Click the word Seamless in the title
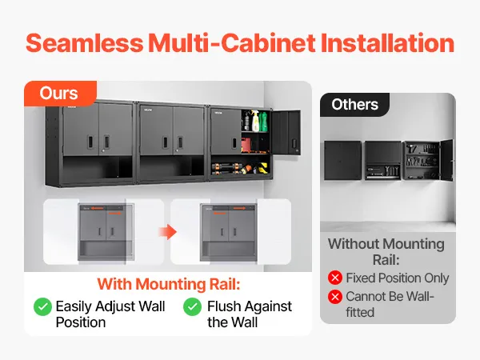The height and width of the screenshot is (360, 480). coord(84,43)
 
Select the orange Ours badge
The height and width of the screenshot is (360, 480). coord(60,93)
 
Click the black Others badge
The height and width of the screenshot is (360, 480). coord(354,105)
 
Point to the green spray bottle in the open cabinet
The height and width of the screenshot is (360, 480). coord(263,121)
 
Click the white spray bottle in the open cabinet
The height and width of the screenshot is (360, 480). coord(255,122)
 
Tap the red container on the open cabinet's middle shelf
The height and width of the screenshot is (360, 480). coord(246,145)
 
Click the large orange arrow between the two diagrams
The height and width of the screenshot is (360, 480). coord(167,232)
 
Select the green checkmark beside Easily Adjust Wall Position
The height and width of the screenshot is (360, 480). coord(42,306)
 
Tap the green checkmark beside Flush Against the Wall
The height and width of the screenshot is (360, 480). coord(192,306)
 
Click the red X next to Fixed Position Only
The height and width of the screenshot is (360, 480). coord(335,278)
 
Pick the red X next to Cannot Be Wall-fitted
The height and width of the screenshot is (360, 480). coord(335,296)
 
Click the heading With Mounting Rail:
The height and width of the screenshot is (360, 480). coord(168,284)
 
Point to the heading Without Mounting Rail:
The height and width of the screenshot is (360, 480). coord(386,252)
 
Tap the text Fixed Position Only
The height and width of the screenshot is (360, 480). coord(398,278)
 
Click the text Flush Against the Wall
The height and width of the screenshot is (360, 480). coord(250,314)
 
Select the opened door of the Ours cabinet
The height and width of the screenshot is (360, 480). coord(286,133)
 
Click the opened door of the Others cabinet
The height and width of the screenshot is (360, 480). coord(446,160)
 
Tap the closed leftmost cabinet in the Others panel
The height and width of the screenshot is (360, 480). coord(343,161)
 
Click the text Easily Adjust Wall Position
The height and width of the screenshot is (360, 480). coord(110,314)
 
